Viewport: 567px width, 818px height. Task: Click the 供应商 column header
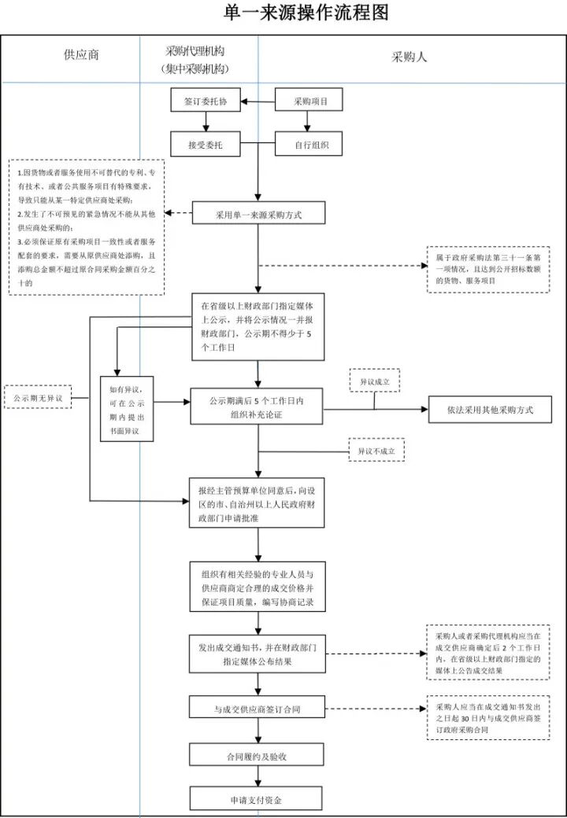81,56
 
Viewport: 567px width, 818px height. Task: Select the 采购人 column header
409,57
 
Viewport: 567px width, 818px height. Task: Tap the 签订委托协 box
206,101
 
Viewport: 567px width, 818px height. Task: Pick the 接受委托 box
206,145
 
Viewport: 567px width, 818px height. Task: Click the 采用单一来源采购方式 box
258,213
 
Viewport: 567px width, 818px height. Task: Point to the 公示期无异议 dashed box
37,398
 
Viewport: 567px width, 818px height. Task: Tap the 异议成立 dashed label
374,380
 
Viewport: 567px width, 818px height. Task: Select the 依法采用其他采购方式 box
490,410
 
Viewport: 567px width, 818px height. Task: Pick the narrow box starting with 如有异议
126,409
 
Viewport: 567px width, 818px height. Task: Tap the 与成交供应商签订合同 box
258,709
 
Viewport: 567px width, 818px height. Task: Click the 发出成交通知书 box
258,654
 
